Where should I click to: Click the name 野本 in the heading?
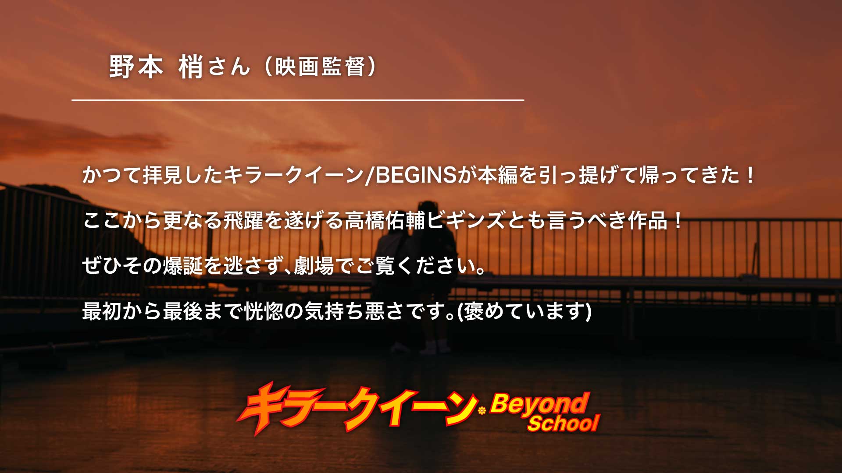(x=136, y=67)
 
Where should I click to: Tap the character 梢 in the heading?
(x=191, y=67)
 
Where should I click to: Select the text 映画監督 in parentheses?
(x=320, y=67)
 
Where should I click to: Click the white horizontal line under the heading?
(x=298, y=100)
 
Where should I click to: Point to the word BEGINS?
(x=416, y=175)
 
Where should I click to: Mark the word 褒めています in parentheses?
(x=524, y=311)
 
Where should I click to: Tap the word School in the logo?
(x=564, y=424)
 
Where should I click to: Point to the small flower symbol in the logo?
(x=482, y=411)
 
